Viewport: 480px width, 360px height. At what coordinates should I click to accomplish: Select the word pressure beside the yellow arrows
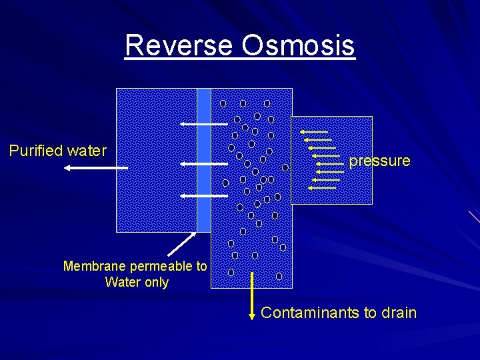(x=379, y=161)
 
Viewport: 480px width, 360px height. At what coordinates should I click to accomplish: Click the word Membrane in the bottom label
(x=95, y=267)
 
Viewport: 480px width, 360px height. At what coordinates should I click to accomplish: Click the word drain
(x=398, y=313)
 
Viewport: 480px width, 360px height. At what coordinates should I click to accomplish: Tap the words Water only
(x=137, y=282)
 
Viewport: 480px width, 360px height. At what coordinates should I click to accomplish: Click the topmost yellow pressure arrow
(x=314, y=132)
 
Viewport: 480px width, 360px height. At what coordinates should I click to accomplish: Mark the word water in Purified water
(x=87, y=151)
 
